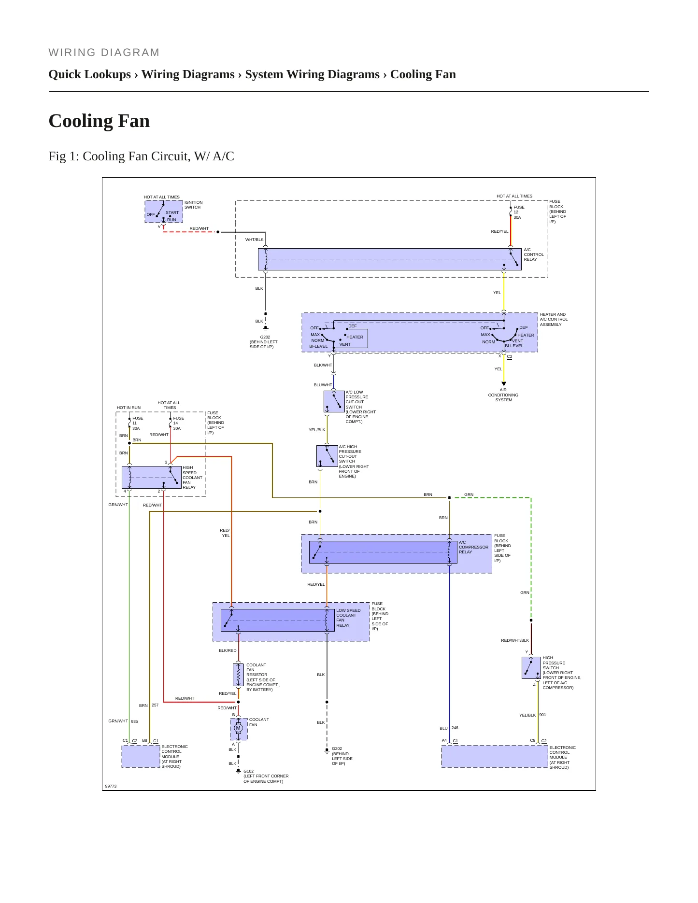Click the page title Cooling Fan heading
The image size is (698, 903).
point(99,121)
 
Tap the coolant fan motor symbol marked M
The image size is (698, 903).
point(238,728)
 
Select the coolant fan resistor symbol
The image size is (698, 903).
point(238,675)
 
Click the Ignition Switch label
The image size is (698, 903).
point(193,205)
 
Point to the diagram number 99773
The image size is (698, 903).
point(111,786)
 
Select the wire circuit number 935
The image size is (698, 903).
point(134,721)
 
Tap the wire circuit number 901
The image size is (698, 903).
point(543,715)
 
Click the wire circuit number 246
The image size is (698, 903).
point(455,728)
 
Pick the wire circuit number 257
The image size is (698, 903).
point(155,705)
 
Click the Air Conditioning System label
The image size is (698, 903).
point(503,395)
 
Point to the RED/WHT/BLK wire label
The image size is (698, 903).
point(515,640)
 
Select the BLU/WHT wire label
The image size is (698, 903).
point(323,385)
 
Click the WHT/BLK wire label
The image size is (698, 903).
point(255,240)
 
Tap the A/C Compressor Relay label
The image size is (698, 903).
point(473,547)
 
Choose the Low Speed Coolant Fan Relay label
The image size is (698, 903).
point(348,618)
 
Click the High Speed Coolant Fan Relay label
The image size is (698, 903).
point(192,478)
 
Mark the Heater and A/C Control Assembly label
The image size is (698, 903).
point(554,319)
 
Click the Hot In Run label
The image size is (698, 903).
point(128,408)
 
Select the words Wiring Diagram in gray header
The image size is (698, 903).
point(104,53)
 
